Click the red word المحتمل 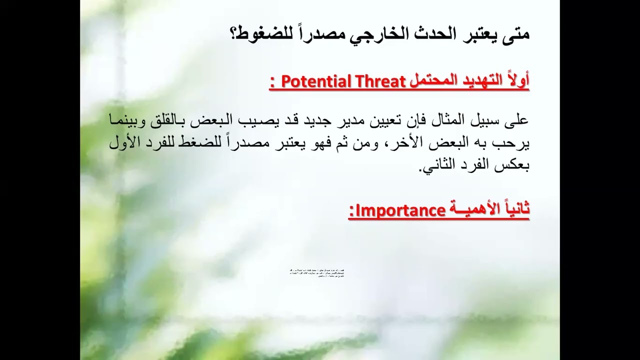tap(431, 80)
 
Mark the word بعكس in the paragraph tap(515, 166)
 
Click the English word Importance tap(400, 210)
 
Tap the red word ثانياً tap(515, 209)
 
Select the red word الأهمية tap(472, 209)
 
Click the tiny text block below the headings tap(317, 273)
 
